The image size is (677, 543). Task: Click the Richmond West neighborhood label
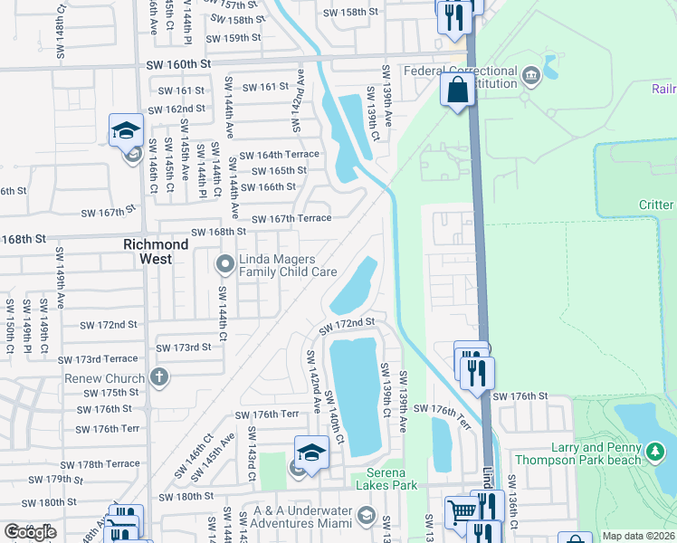(x=156, y=244)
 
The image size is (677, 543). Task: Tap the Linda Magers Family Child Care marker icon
(x=224, y=264)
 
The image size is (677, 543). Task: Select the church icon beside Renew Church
(x=159, y=377)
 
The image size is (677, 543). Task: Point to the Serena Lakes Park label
(x=404, y=486)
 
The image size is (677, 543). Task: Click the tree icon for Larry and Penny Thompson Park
(x=655, y=452)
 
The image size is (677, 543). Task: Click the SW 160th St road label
(x=180, y=64)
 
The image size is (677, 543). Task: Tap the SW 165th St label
(x=279, y=170)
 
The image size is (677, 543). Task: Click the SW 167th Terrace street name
(x=291, y=219)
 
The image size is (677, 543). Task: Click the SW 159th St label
(x=233, y=38)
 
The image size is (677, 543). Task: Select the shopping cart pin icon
(x=462, y=511)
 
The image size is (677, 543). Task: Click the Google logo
(x=30, y=532)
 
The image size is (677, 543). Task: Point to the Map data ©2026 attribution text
(x=637, y=536)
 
